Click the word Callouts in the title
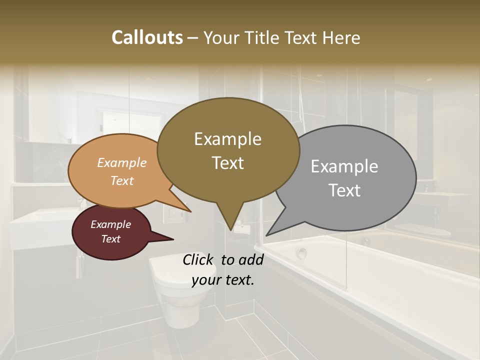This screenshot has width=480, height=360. point(147,37)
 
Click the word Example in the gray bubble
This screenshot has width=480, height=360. point(344,166)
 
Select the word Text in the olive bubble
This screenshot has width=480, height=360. point(228,163)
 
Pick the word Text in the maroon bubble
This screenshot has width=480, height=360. point(111,239)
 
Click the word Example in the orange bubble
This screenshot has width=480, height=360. point(122,162)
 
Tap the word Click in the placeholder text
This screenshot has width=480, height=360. point(199,259)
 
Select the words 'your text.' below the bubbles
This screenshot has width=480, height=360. point(223,280)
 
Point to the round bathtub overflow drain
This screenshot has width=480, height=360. point(301,253)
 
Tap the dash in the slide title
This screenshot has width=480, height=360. point(193,38)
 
